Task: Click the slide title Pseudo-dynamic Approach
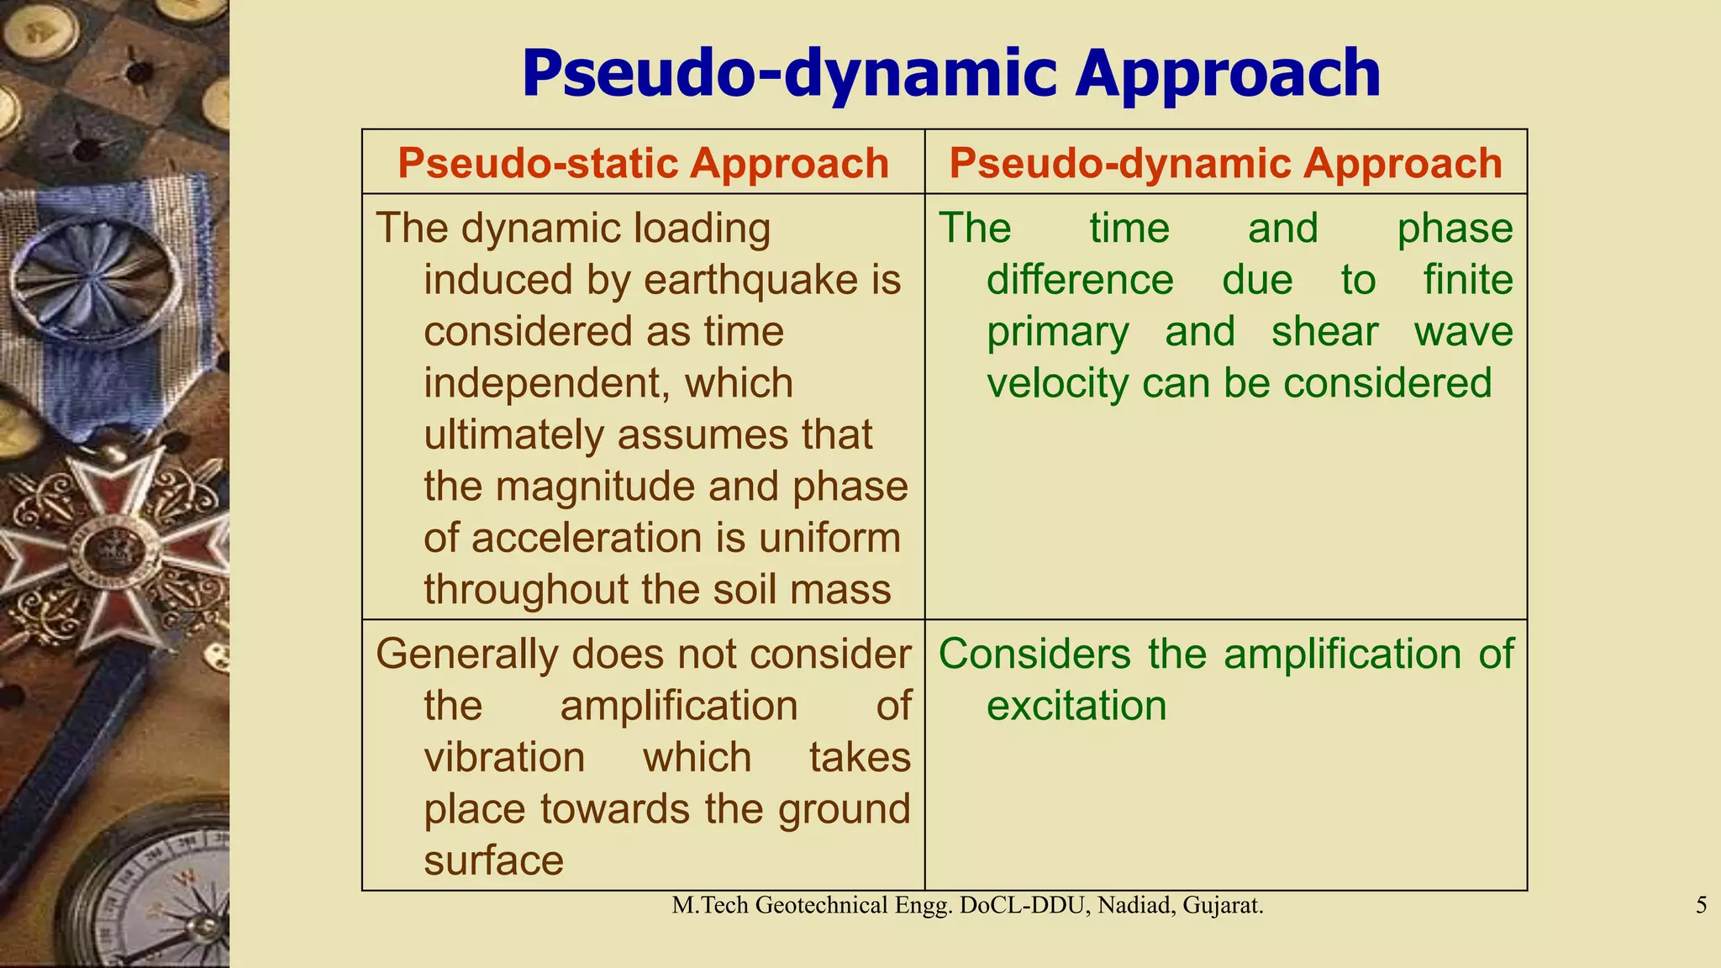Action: coord(950,74)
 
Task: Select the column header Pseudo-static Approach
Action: coord(643,163)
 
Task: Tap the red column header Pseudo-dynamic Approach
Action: coord(1225,163)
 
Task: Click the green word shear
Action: coord(1324,332)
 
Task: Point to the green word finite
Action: coord(1467,281)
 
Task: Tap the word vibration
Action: coord(504,758)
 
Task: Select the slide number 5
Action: coord(1701,906)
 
